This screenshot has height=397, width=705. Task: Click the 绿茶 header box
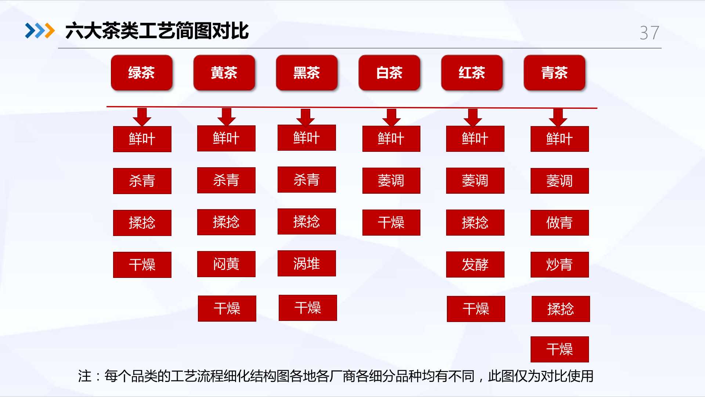click(x=142, y=73)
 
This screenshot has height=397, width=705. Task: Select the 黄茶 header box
click(x=224, y=73)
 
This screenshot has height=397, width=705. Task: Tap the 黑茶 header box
click(x=307, y=73)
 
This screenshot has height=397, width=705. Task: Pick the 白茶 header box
click(x=390, y=73)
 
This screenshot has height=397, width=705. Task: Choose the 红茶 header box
click(x=472, y=73)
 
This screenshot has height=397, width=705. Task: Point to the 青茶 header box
click(x=555, y=73)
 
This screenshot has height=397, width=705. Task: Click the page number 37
click(x=650, y=33)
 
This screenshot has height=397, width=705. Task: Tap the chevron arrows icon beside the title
click(x=40, y=31)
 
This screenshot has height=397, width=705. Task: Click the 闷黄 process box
click(x=226, y=264)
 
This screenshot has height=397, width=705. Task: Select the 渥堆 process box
click(x=307, y=263)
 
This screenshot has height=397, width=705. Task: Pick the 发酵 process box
click(x=475, y=264)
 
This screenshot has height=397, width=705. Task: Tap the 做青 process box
click(x=560, y=223)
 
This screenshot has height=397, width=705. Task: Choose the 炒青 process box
click(x=560, y=265)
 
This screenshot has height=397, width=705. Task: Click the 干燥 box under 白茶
click(x=391, y=222)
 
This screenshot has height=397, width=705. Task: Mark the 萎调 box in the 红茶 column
click(x=475, y=180)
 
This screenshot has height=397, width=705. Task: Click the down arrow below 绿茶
click(x=142, y=117)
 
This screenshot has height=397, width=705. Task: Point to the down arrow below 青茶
click(x=558, y=117)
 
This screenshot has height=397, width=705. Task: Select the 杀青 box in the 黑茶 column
click(x=307, y=179)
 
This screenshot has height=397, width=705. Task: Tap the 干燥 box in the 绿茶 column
click(x=142, y=265)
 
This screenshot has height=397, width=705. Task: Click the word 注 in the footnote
click(x=85, y=376)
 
